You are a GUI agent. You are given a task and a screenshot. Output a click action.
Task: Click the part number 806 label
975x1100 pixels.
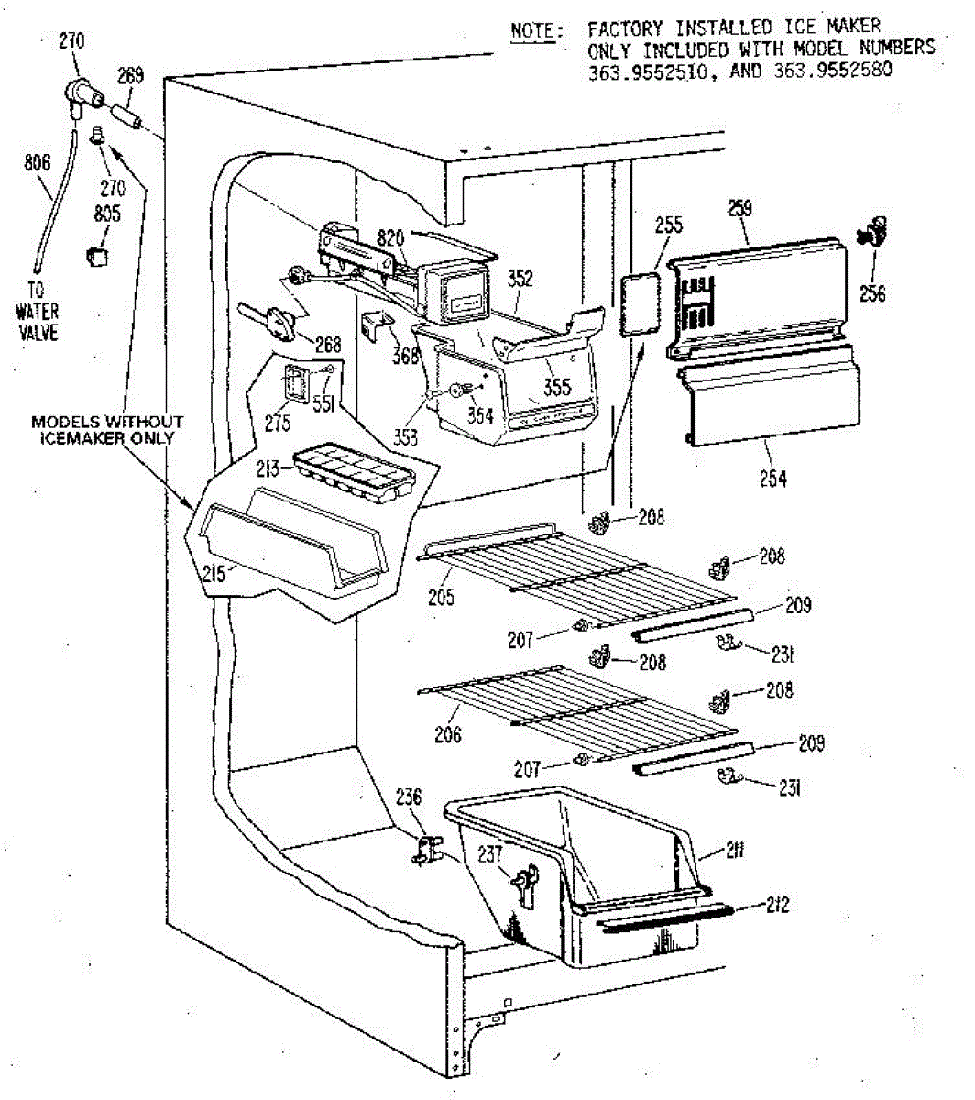(37, 164)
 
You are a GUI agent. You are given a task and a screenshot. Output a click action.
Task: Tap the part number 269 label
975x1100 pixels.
(131, 77)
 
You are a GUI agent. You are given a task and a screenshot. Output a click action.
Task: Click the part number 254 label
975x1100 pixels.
(772, 478)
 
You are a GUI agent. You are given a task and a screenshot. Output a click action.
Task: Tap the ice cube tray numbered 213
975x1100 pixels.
(353, 472)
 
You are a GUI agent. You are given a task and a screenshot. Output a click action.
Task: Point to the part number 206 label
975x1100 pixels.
(448, 734)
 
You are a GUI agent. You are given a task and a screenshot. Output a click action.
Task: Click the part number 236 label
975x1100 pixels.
(409, 797)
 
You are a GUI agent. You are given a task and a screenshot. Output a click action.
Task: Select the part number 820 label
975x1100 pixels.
(390, 239)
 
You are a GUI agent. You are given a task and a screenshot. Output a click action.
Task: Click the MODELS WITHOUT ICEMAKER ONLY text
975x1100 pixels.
(107, 430)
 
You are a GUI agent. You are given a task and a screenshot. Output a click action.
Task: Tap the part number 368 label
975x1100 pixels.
(405, 355)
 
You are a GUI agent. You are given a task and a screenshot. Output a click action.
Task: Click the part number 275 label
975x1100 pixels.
(278, 423)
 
